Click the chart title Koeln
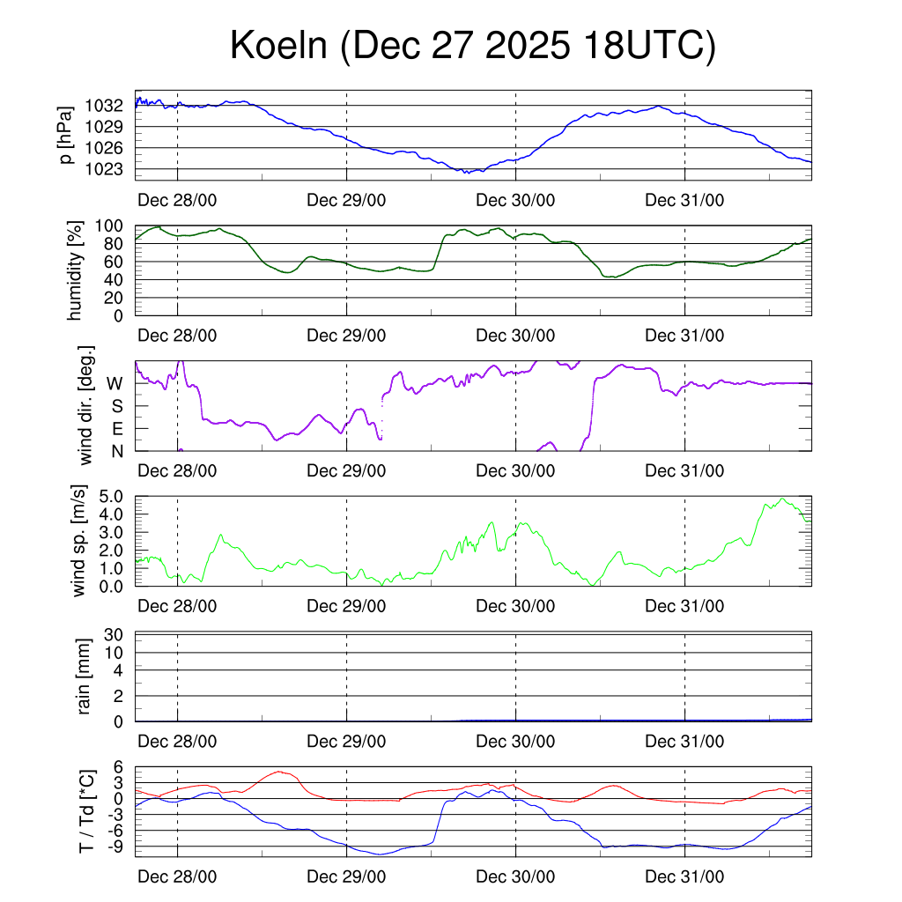tap(472, 47)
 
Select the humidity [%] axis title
tap(75, 270)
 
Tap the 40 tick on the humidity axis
tap(116, 280)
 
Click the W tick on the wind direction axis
tap(115, 383)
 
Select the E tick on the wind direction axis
tap(116, 429)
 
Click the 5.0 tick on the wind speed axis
tap(108, 496)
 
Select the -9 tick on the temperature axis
tap(115, 847)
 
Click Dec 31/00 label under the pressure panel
tap(684, 200)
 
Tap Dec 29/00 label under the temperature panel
tap(346, 876)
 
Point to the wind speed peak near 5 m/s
tap(781, 499)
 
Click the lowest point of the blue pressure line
tap(465, 173)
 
